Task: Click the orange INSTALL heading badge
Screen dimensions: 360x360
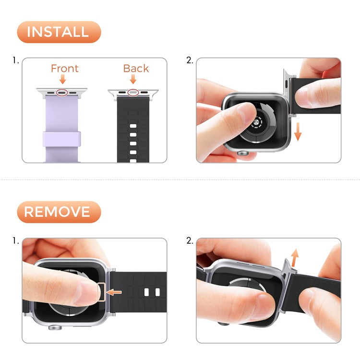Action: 58,32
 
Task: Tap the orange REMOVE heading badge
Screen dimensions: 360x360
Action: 58,212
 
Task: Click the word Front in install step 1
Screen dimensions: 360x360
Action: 64,69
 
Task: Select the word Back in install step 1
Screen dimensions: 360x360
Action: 136,69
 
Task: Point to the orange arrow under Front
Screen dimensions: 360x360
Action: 62,80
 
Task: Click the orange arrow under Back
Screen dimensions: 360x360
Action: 133,80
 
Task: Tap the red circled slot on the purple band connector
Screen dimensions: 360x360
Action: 62,91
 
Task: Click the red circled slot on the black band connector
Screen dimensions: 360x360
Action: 133,92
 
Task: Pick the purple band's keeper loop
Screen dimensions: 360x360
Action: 62,140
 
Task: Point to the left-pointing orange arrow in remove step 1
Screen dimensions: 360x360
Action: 114,292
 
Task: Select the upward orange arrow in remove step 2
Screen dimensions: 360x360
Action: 295,258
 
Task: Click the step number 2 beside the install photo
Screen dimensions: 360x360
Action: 189,61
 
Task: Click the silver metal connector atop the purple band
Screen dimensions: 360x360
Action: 62,92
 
